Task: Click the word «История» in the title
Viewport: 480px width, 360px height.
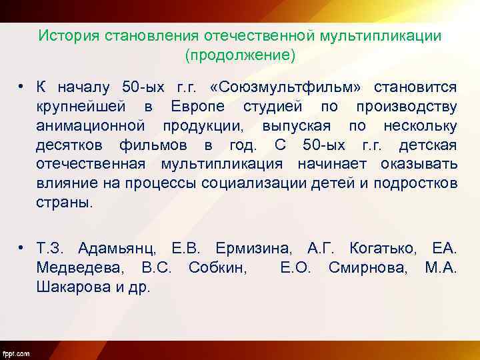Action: [69, 35]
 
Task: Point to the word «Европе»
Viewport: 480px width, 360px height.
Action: [197, 107]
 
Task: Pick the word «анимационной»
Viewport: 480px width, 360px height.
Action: [91, 126]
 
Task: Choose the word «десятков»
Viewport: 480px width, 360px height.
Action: [71, 145]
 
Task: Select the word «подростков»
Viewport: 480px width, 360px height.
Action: [413, 183]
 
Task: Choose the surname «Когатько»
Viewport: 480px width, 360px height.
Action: [381, 249]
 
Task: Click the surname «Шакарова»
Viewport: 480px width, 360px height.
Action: [70, 287]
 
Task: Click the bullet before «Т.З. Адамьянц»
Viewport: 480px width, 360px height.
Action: [23, 249]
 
